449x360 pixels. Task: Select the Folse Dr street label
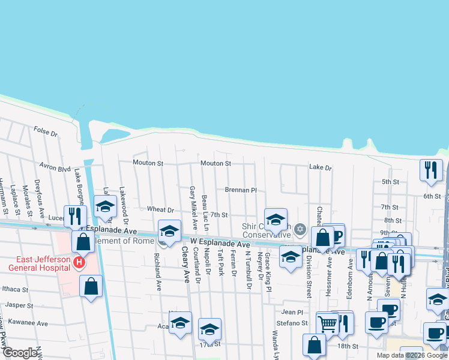point(45,130)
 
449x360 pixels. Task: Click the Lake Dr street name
point(320,168)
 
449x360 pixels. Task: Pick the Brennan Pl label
point(241,190)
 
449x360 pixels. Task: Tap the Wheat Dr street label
point(160,210)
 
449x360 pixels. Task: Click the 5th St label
point(390,182)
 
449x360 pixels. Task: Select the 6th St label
point(432,196)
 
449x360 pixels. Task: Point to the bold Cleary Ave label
point(185,268)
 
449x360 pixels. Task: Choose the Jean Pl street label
point(292,312)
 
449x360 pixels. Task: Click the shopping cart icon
point(328,323)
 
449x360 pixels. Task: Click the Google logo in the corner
point(20,353)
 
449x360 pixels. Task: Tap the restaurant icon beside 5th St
point(431,170)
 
